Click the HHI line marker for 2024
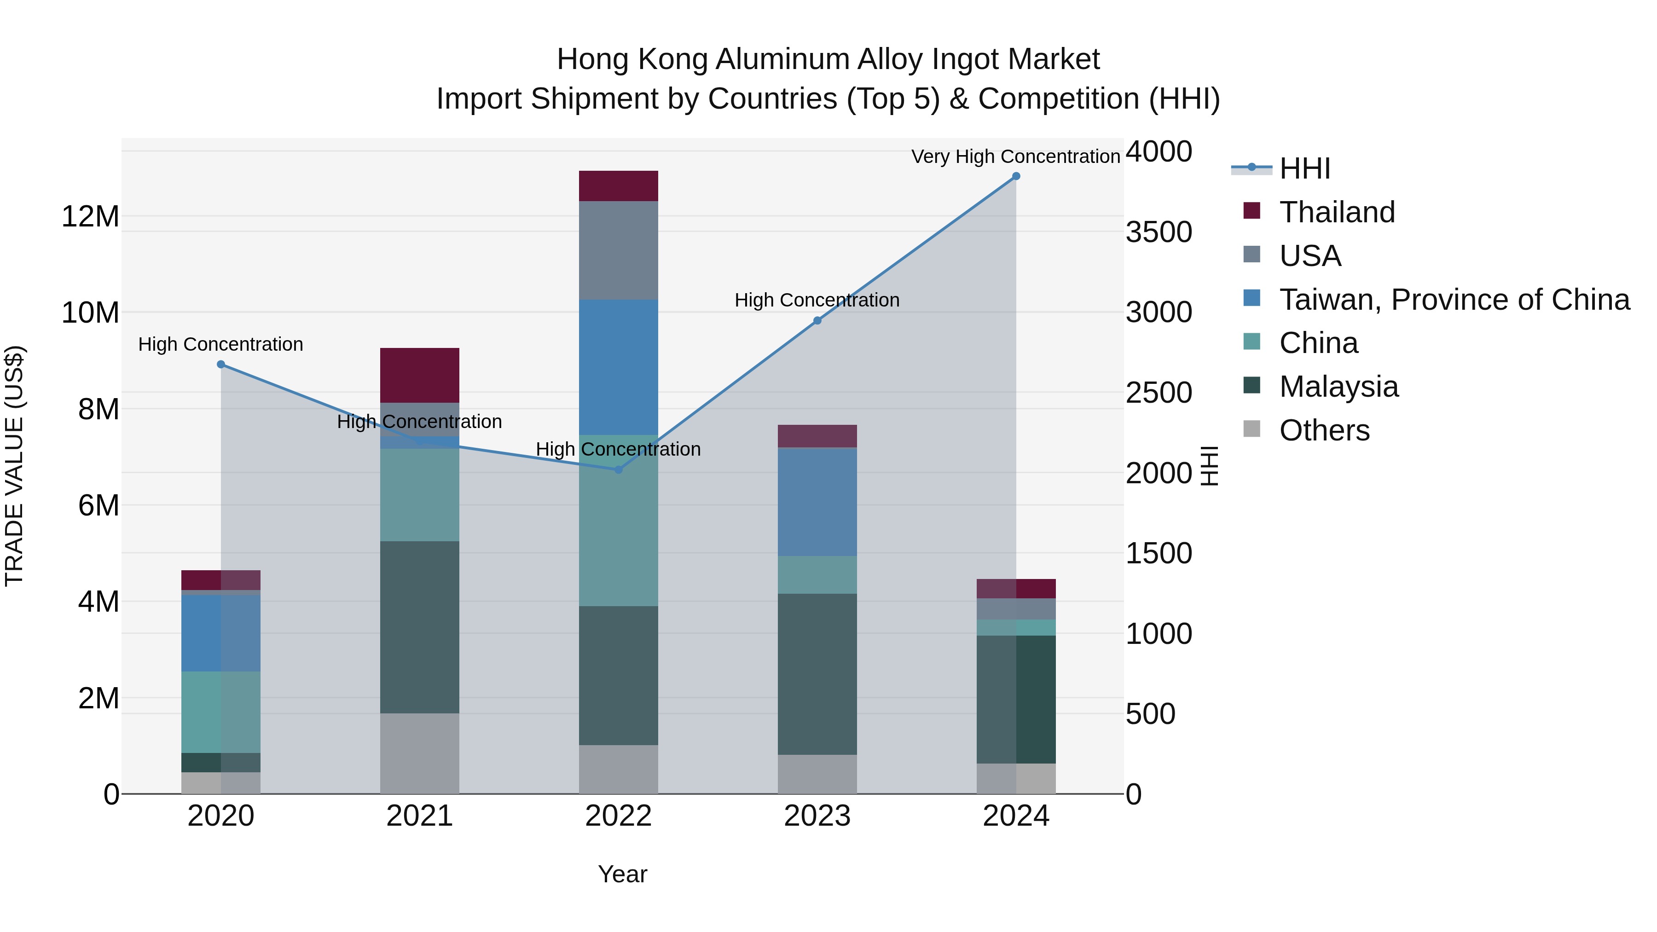(x=1016, y=176)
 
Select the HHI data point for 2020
(x=220, y=365)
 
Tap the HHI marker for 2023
(x=817, y=321)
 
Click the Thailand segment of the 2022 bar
(x=618, y=186)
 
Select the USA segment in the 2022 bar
(x=618, y=250)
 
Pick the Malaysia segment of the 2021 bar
(x=419, y=627)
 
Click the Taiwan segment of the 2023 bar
(x=817, y=502)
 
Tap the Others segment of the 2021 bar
(x=419, y=753)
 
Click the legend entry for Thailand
(x=1337, y=212)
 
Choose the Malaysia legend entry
(x=1338, y=387)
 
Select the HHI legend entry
(x=1304, y=168)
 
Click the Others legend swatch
(x=1252, y=428)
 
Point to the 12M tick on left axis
(x=90, y=217)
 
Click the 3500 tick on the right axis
(x=1159, y=232)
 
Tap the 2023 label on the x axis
(x=817, y=816)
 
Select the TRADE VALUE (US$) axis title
(x=14, y=466)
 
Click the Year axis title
(x=622, y=874)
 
